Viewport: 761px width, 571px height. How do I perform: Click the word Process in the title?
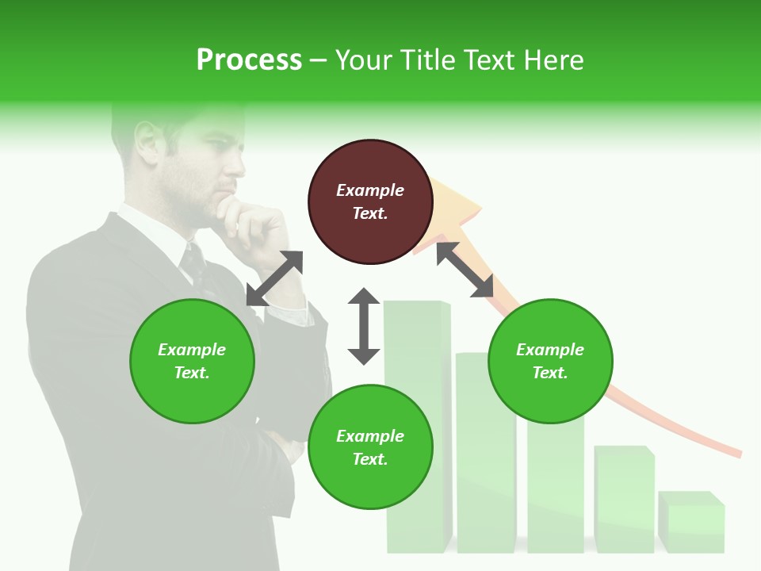click(249, 60)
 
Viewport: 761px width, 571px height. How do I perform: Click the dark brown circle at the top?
click(370, 202)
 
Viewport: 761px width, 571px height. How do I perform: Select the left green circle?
click(192, 361)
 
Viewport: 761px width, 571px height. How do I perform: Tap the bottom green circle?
click(370, 447)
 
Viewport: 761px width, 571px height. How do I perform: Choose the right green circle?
click(550, 361)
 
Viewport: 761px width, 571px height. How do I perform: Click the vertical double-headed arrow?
click(364, 326)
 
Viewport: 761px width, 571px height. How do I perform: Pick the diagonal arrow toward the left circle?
click(274, 278)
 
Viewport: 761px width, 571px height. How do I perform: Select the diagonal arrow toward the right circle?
click(465, 270)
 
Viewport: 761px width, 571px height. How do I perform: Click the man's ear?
click(147, 141)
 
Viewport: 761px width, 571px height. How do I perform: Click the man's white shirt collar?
click(151, 230)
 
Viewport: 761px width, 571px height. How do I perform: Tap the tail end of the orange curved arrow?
click(733, 451)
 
